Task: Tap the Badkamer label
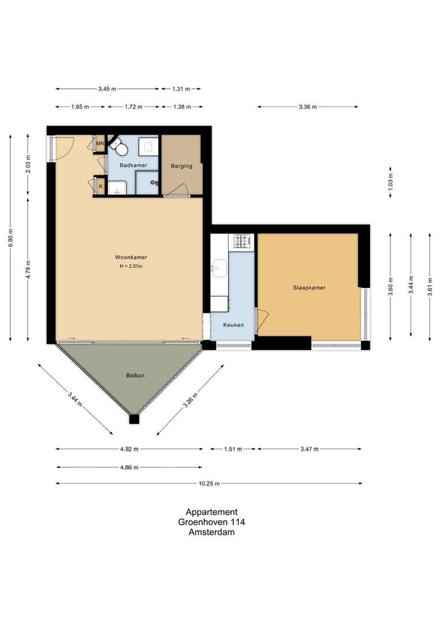pos(133,165)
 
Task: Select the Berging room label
pos(181,166)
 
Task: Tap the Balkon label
pos(135,376)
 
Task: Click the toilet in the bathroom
pos(120,149)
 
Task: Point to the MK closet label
pos(100,143)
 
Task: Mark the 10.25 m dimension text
pos(209,484)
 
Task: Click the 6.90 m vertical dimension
pos(10,237)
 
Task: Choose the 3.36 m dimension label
pos(308,107)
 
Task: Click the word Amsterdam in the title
pos(211,532)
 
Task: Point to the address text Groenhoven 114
pos(211,522)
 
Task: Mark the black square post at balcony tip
pos(134,419)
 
